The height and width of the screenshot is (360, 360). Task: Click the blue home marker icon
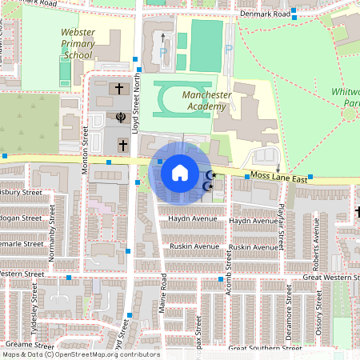pos(179,173)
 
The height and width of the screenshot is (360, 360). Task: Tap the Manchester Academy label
pos(206,100)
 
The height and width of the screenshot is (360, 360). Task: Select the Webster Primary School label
pos(84,45)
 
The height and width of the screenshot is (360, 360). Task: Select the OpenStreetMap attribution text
pos(81,354)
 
